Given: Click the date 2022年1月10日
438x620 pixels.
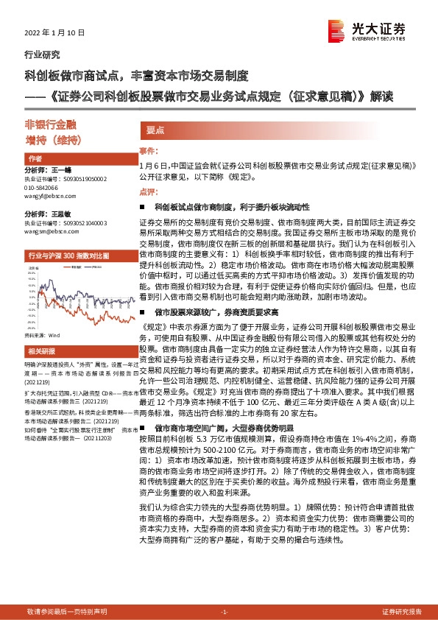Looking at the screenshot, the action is pyautogui.click(x=55, y=33).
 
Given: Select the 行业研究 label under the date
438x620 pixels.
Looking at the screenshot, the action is pyautogui.click(x=43, y=55).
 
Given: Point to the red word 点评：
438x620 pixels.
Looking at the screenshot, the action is pyautogui.click(x=148, y=191).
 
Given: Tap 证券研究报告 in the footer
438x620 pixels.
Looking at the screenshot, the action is pyautogui.click(x=402, y=612).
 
